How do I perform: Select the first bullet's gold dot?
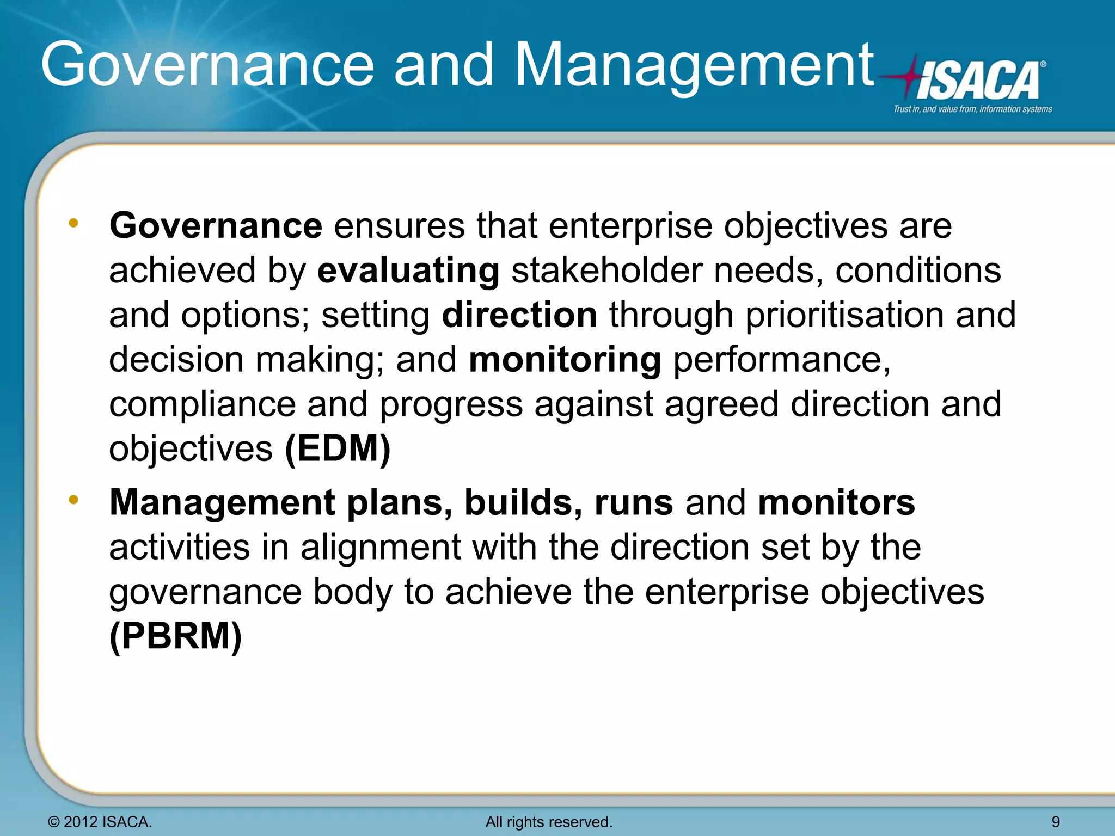coord(73,223)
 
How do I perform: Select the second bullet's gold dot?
coord(73,499)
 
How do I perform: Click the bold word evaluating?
coord(408,271)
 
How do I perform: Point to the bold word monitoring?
coord(565,360)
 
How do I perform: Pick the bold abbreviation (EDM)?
coord(338,449)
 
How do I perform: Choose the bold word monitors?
coord(836,502)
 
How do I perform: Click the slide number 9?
coord(1056,822)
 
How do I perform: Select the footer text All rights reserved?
coord(549,822)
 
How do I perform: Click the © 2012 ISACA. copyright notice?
coord(100,822)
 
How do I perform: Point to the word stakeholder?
coord(606,271)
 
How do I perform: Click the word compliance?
coord(202,404)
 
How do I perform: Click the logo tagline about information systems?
coord(972,109)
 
